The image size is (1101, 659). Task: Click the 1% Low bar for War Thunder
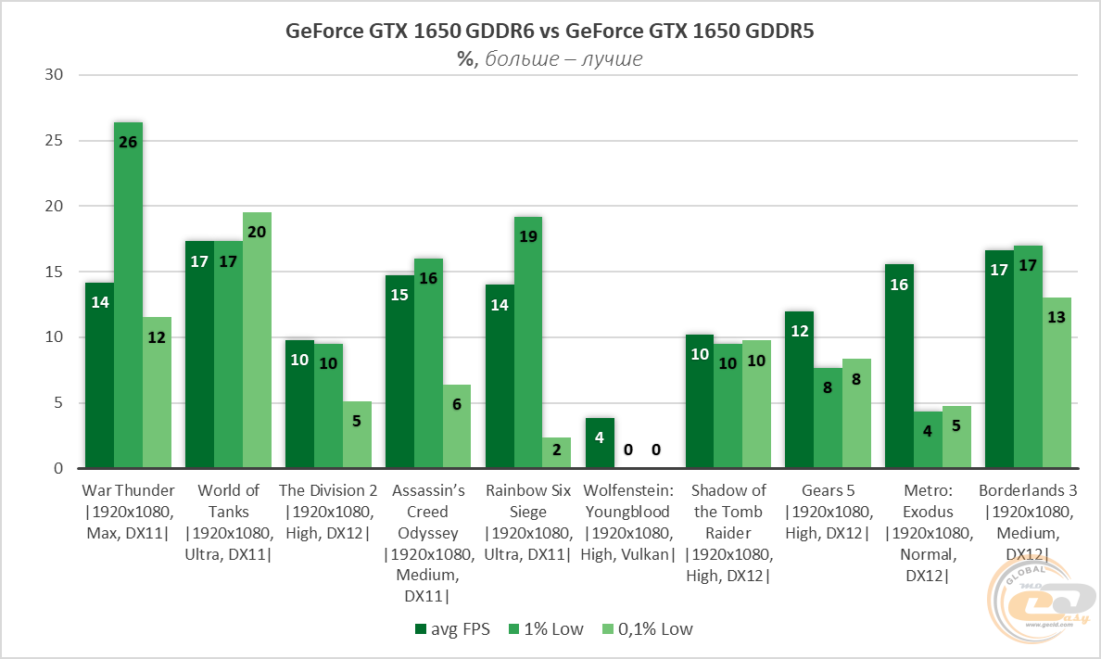point(128,296)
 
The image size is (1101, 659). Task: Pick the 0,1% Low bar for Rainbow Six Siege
point(556,453)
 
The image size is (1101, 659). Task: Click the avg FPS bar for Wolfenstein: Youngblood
point(600,444)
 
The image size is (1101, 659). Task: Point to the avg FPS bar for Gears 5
point(799,390)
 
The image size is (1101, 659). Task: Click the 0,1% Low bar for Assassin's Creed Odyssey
point(456,426)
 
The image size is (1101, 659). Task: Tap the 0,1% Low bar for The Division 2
point(357,435)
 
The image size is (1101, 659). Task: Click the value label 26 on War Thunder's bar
point(128,142)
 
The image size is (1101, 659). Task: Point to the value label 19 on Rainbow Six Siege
point(527,236)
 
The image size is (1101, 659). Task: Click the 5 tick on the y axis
point(56,403)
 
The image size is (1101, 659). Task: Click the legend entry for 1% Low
point(548,629)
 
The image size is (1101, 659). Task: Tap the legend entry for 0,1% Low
point(648,629)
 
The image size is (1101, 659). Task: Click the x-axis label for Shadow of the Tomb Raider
point(728,533)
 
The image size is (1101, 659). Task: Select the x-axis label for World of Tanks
point(228,522)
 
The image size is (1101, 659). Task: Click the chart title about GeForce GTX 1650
point(550,32)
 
